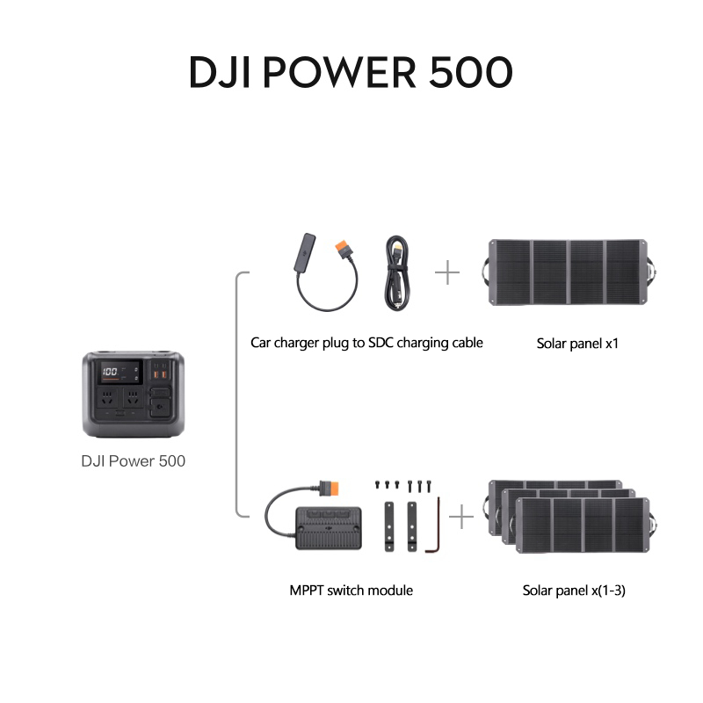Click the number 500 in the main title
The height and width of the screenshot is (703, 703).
tap(471, 72)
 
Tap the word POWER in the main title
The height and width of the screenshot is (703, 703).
tap(338, 72)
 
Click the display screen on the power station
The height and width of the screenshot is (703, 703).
tap(121, 372)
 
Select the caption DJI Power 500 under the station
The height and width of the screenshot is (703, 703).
tap(134, 460)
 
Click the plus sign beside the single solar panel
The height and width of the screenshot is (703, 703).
tap(447, 272)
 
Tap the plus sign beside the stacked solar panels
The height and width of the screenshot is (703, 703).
tap(460, 517)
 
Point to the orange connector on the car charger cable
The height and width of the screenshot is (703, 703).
tap(343, 248)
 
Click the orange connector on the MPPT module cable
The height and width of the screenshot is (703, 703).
tap(330, 488)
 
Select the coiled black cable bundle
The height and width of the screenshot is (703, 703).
tap(397, 273)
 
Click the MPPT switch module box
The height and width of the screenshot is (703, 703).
tap(329, 528)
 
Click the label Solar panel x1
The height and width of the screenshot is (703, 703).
tap(577, 344)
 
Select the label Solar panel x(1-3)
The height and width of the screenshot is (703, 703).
tap(574, 591)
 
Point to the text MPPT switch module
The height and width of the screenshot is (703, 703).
tap(351, 591)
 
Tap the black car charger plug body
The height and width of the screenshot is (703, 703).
tap(305, 252)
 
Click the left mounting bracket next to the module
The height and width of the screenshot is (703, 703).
tap(389, 526)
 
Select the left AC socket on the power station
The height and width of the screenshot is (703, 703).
tap(107, 398)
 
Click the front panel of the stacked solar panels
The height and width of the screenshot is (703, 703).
tap(583, 525)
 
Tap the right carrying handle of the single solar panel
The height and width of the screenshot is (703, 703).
tap(651, 272)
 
